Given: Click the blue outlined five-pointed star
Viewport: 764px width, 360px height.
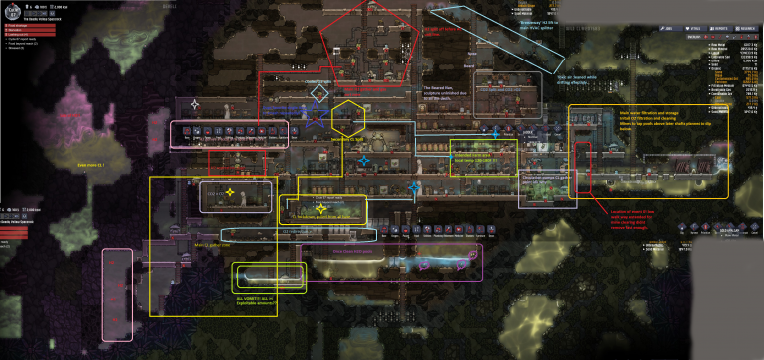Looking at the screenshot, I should pos(316,118).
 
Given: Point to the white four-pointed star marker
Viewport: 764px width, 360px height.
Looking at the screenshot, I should pos(195,104).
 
